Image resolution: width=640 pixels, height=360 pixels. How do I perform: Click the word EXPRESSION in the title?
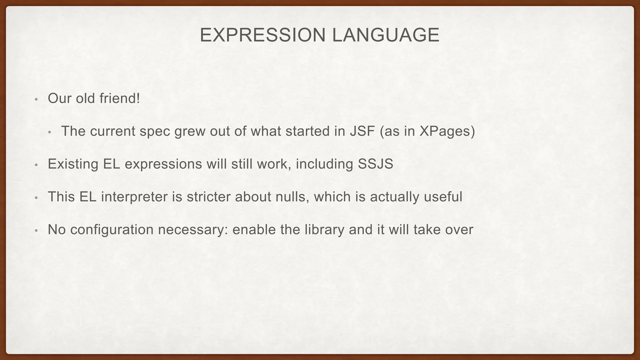263,35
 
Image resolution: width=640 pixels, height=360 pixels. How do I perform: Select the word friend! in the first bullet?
120,98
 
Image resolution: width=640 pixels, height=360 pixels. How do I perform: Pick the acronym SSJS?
375,164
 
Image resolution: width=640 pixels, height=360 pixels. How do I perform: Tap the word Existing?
73,164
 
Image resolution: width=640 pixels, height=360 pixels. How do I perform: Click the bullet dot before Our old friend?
36,100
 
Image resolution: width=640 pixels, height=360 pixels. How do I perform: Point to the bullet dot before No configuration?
36,231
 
